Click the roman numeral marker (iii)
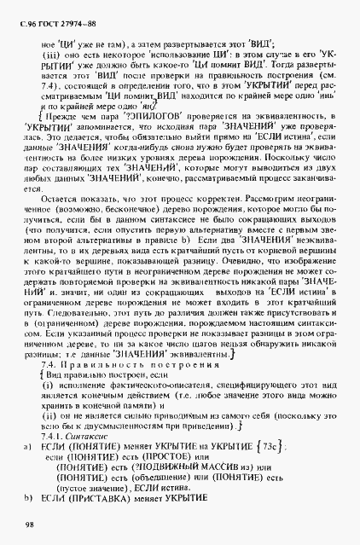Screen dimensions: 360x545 [x=55, y=55]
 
